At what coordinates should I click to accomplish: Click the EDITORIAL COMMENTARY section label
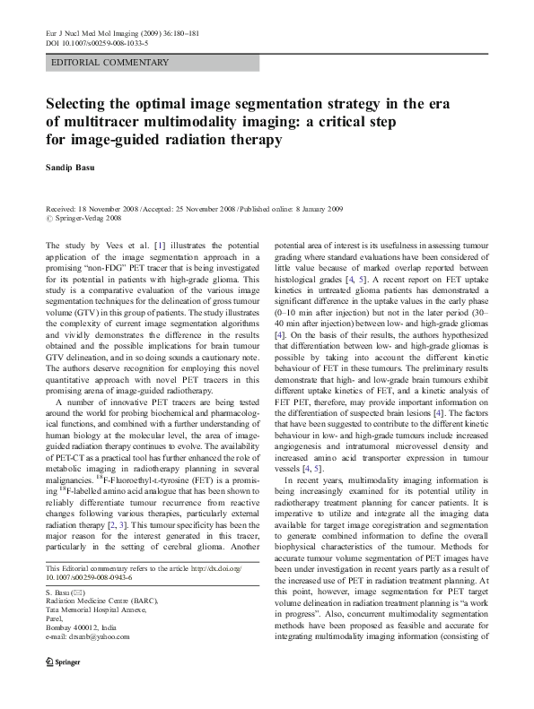pos(111,63)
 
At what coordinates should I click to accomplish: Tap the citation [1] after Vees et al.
pos(160,245)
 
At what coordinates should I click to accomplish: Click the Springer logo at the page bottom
pos(61,684)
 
